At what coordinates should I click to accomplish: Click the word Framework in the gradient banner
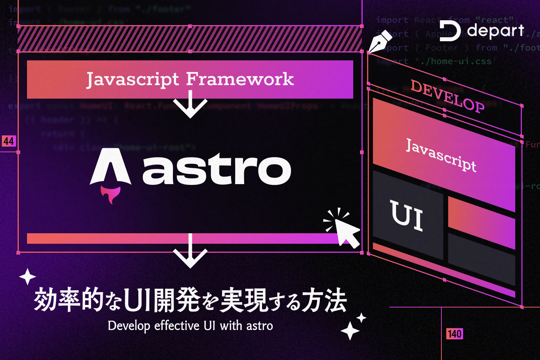click(x=240, y=79)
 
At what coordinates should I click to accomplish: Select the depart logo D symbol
click(x=449, y=31)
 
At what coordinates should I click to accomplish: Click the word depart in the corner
click(x=496, y=31)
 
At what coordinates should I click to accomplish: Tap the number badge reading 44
click(x=9, y=141)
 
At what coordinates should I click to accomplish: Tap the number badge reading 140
click(x=454, y=334)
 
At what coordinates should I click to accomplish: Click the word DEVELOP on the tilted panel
click(x=447, y=96)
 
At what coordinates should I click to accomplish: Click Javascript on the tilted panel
click(x=441, y=155)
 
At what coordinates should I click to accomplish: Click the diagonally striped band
click(x=190, y=39)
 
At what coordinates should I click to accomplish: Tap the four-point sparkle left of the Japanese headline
click(x=27, y=277)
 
